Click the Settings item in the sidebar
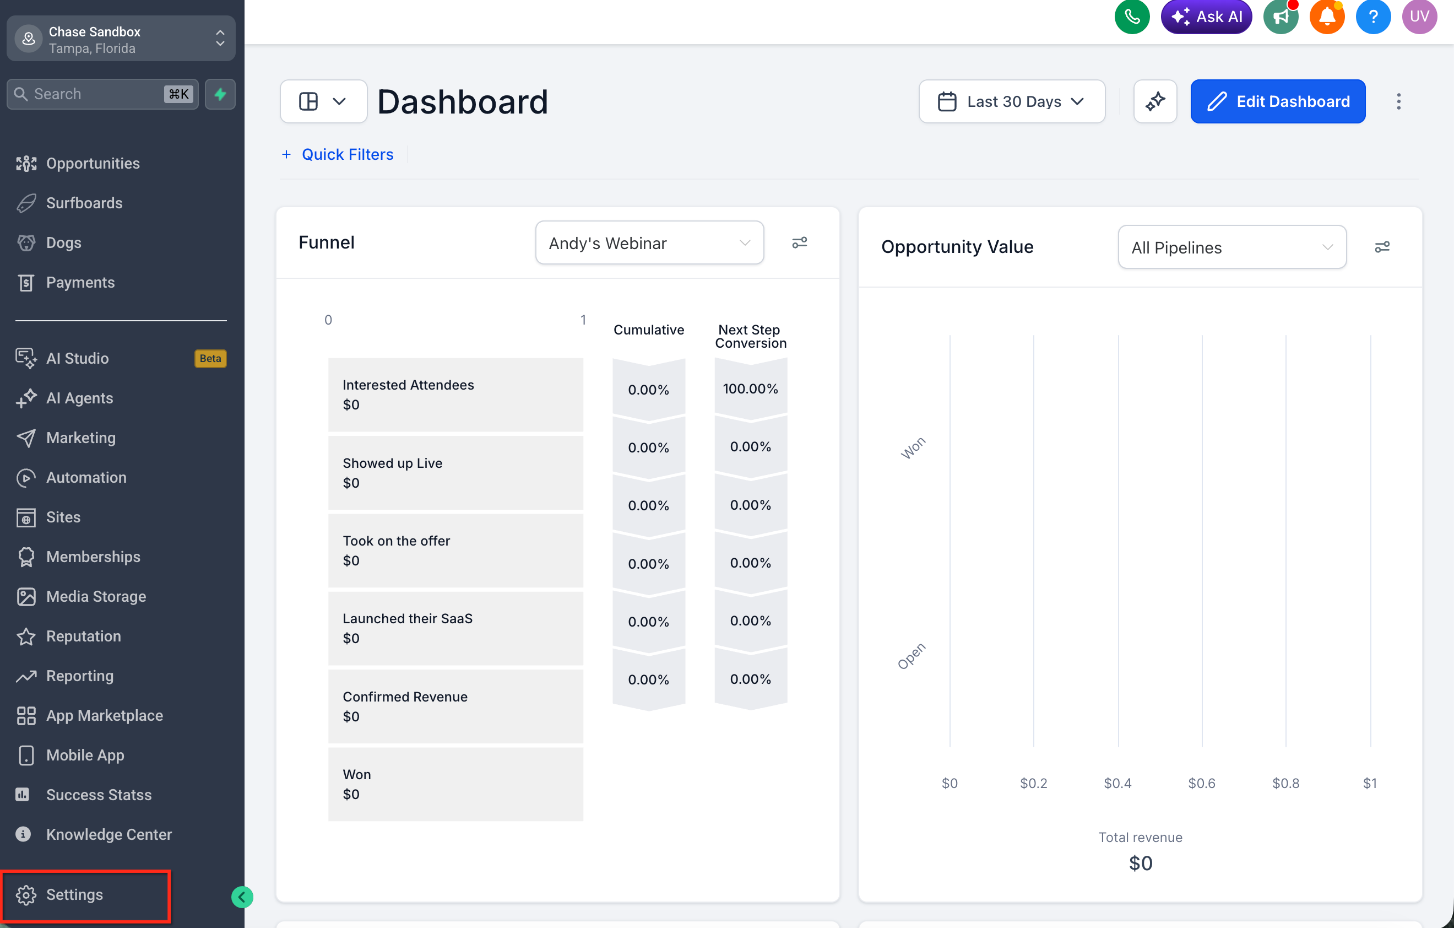pyautogui.click(x=74, y=894)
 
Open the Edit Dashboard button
pyautogui.click(x=1278, y=101)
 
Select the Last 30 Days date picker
pyautogui.click(x=1012, y=101)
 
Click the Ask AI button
pyautogui.click(x=1206, y=17)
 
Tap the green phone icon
pyautogui.click(x=1132, y=17)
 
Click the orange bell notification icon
pyautogui.click(x=1327, y=17)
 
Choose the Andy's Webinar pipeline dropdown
pyautogui.click(x=650, y=242)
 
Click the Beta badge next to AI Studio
pyautogui.click(x=210, y=358)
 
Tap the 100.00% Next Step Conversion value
pyautogui.click(x=751, y=389)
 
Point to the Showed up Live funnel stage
pyautogui.click(x=456, y=472)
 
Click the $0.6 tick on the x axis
pyautogui.click(x=1202, y=783)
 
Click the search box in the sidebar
pyautogui.click(x=102, y=94)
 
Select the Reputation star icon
pyautogui.click(x=26, y=636)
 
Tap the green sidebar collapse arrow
pyautogui.click(x=242, y=897)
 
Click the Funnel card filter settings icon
pyautogui.click(x=800, y=242)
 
